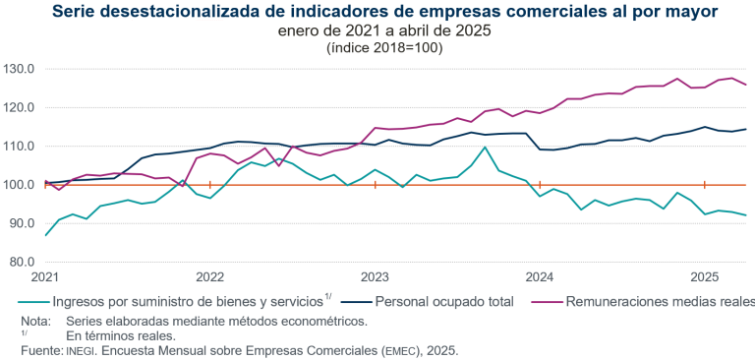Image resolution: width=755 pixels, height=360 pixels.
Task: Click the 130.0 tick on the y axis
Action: point(19,69)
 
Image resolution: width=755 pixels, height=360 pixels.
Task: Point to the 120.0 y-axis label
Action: point(19,107)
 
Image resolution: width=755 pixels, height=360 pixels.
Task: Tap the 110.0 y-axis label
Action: point(19,146)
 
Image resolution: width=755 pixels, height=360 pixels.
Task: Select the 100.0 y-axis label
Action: point(19,185)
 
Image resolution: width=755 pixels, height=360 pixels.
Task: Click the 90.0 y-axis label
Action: point(21,223)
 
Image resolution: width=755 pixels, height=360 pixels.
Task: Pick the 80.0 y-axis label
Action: point(21,262)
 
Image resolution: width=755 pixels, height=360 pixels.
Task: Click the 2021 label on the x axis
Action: point(46,278)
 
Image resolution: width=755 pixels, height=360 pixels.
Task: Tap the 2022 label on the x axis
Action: point(210,278)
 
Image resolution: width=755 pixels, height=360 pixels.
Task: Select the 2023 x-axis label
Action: point(376,278)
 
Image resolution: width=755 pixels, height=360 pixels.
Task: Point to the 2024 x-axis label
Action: point(541,278)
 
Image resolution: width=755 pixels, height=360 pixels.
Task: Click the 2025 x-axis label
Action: point(705,278)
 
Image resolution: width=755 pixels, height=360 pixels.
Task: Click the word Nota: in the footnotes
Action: point(37,321)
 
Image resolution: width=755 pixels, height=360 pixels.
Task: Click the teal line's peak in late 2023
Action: point(485,148)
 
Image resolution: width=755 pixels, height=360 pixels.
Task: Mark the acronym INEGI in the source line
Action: point(83,351)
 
